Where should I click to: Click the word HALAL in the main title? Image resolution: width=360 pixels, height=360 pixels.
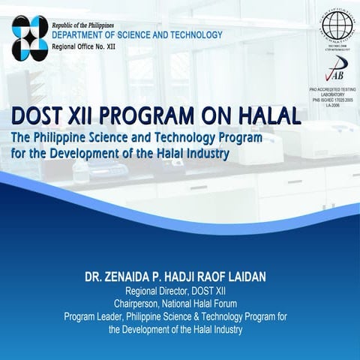(266, 116)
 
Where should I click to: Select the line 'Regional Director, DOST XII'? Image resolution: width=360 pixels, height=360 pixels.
(180, 291)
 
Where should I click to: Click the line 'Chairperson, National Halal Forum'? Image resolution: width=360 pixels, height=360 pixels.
(180, 304)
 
